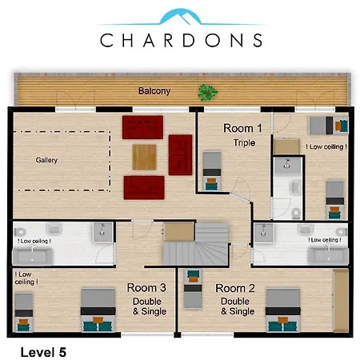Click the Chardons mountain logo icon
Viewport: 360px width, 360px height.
click(181, 17)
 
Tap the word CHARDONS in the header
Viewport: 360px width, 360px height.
click(182, 40)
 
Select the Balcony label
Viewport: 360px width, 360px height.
click(154, 91)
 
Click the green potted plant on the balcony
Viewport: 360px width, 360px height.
click(207, 93)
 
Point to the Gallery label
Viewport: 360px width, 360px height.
click(46, 160)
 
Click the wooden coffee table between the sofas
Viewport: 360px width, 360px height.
click(144, 157)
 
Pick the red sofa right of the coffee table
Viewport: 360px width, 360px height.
click(180, 154)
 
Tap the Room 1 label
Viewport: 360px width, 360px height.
click(242, 128)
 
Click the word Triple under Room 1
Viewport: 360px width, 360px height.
click(244, 142)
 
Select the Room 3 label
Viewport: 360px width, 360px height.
click(146, 288)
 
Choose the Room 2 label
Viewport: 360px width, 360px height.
click(235, 288)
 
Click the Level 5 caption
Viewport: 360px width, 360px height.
click(43, 352)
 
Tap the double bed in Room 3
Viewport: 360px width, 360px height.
click(98, 310)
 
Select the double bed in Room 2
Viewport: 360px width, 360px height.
click(283, 310)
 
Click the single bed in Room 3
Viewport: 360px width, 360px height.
click(24, 313)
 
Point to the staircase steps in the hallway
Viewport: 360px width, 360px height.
click(196, 245)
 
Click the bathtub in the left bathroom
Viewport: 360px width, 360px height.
click(32, 256)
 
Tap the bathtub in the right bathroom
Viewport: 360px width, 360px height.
click(328, 256)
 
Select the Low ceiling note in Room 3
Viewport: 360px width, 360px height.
click(26, 278)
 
